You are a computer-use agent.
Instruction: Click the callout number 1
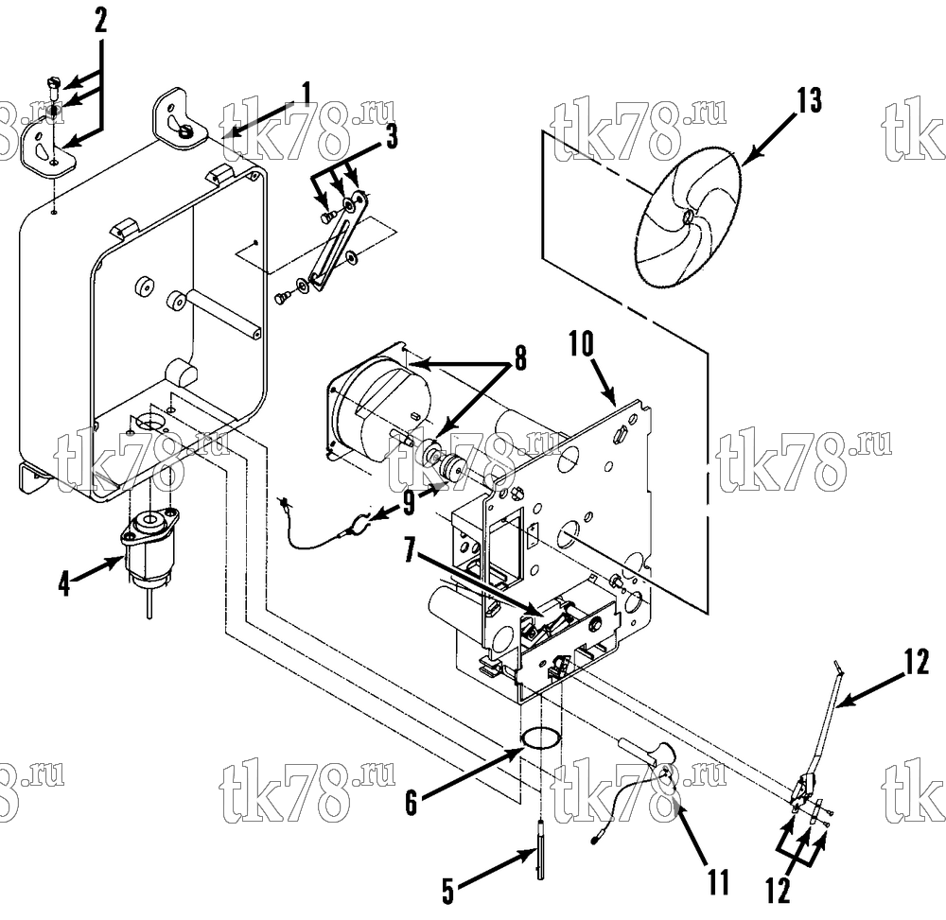tap(307, 94)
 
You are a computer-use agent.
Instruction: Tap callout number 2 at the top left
tap(101, 21)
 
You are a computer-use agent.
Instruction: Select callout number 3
tap(391, 137)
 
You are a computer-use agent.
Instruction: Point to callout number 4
tap(64, 583)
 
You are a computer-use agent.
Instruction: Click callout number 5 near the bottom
tap(447, 891)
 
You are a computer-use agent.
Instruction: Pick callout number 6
tap(411, 802)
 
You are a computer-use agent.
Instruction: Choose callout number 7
tap(411, 550)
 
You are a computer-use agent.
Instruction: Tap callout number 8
tap(519, 357)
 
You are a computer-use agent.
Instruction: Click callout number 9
tap(410, 503)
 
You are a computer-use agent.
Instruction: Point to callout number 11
tap(719, 881)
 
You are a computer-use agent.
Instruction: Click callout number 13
tap(809, 100)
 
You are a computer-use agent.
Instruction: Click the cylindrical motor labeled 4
tap(149, 548)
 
